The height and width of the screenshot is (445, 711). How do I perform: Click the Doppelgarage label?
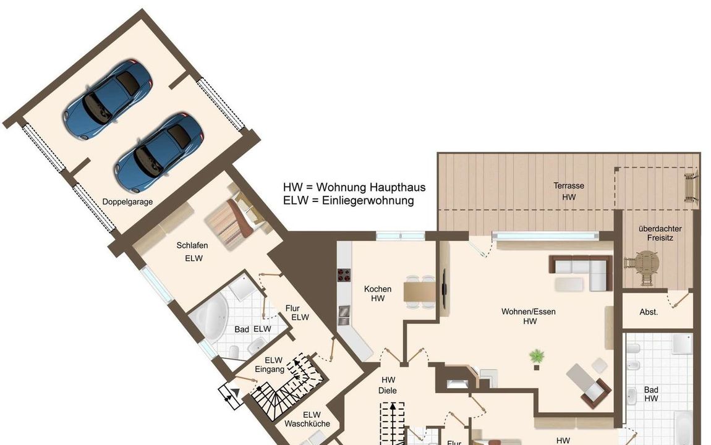point(127,202)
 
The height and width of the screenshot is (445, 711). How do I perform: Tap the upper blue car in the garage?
point(108,100)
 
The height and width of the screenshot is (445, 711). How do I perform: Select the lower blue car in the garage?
point(159,152)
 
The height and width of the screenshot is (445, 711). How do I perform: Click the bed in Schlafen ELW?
point(234,222)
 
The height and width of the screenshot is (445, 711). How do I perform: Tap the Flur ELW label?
point(297,313)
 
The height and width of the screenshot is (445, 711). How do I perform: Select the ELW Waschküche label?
point(307,419)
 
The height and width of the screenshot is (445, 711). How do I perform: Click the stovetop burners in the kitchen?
point(344,275)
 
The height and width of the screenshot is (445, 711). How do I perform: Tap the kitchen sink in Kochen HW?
point(344,315)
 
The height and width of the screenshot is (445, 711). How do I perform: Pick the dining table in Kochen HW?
point(419,292)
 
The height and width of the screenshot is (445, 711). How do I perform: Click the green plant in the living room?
point(537,356)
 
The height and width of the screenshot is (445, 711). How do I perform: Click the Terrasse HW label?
point(569,191)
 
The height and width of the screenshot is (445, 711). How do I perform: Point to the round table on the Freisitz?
point(646,263)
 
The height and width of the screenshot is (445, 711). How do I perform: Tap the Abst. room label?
point(649,311)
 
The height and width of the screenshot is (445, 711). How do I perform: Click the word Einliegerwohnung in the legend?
point(368,200)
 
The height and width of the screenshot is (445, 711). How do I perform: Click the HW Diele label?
point(388,385)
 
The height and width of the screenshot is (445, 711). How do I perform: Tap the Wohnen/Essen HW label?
point(528,316)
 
